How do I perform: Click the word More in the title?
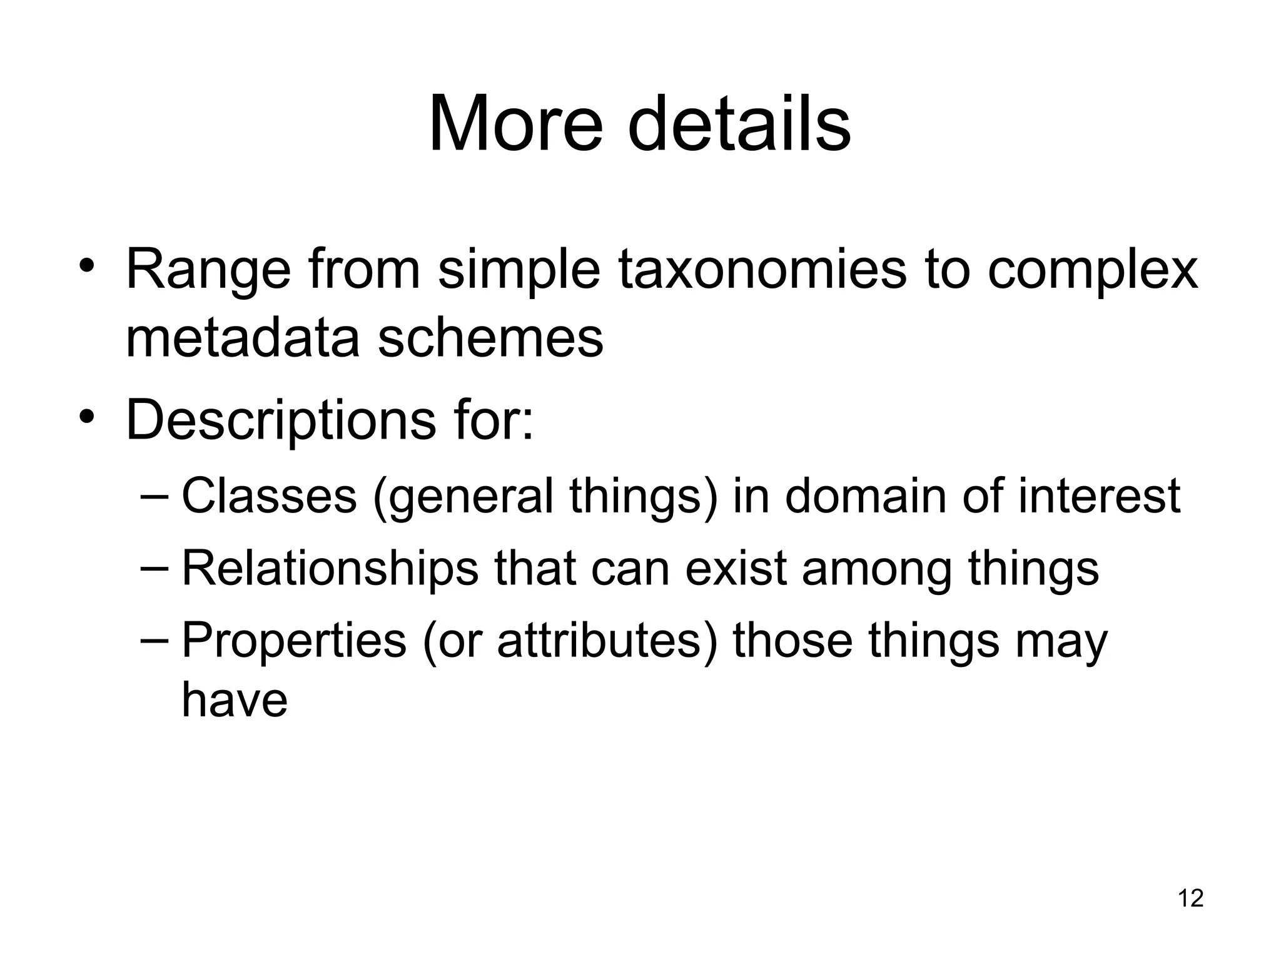(x=515, y=123)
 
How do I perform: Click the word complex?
(x=1092, y=270)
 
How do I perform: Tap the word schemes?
(x=490, y=338)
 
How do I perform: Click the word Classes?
(x=269, y=496)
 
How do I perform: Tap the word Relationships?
(x=330, y=568)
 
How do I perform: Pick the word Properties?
(x=294, y=641)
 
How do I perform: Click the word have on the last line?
(x=235, y=699)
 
